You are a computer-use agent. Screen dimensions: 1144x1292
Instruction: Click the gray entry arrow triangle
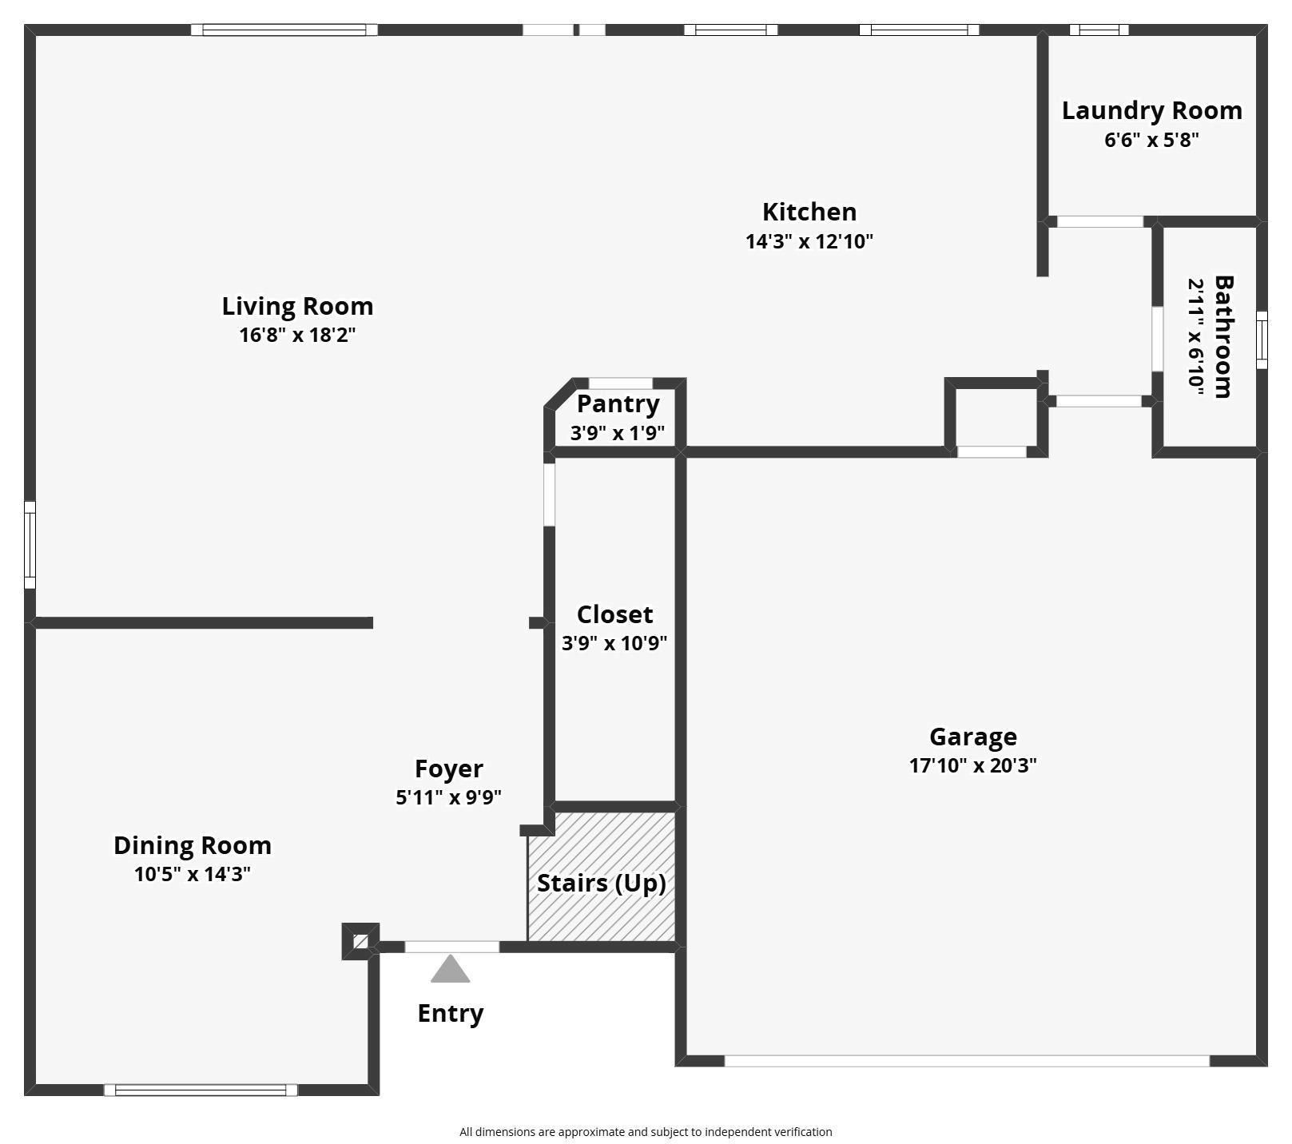click(450, 970)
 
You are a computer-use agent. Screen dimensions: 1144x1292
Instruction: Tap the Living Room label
click(297, 306)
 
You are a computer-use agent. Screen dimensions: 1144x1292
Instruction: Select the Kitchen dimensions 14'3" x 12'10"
click(809, 241)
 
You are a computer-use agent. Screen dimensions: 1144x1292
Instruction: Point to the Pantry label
click(618, 404)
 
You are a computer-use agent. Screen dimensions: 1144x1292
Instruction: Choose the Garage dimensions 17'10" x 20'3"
click(972, 765)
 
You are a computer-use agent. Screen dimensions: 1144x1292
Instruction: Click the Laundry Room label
click(1151, 110)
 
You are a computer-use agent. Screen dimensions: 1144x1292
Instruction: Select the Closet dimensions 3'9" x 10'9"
click(614, 643)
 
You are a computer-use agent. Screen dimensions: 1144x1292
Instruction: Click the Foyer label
click(448, 769)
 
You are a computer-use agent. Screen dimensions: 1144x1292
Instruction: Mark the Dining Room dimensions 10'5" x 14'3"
click(193, 874)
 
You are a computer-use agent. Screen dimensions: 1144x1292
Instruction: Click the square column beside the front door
click(360, 942)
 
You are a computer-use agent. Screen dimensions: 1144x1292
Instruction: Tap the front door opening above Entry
click(451, 947)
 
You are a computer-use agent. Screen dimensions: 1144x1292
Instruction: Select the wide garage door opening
click(966, 1061)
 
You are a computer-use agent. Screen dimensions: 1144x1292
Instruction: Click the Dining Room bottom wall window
click(201, 1090)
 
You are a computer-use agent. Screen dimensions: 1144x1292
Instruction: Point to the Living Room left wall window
click(30, 545)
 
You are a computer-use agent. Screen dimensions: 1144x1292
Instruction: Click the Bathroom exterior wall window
click(1262, 340)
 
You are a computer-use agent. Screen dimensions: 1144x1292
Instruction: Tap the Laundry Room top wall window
click(1099, 30)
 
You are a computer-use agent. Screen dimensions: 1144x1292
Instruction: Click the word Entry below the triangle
click(450, 1013)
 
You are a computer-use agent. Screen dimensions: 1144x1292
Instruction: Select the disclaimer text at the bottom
click(646, 1131)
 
